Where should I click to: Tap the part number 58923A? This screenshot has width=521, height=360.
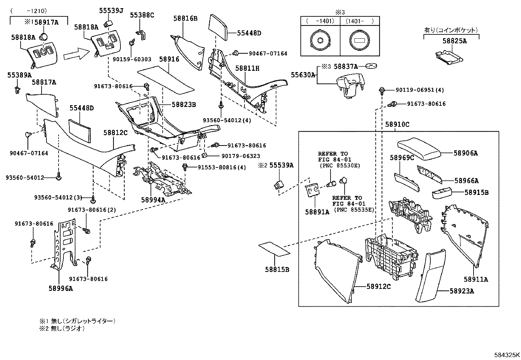coord(461,291)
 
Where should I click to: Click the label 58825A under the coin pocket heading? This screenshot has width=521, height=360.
coord(455,41)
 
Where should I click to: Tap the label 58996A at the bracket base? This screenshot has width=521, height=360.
coord(61,289)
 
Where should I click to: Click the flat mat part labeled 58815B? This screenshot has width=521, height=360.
coord(274,250)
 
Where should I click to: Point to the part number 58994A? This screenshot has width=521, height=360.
coord(153,199)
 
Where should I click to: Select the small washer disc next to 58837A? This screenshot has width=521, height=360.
coord(371,66)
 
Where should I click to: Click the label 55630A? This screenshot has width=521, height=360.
coord(303,75)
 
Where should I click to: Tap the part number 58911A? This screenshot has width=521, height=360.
coord(476,279)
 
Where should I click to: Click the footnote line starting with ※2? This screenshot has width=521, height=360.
coord(62,329)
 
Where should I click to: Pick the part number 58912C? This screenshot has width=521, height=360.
coord(379,286)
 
